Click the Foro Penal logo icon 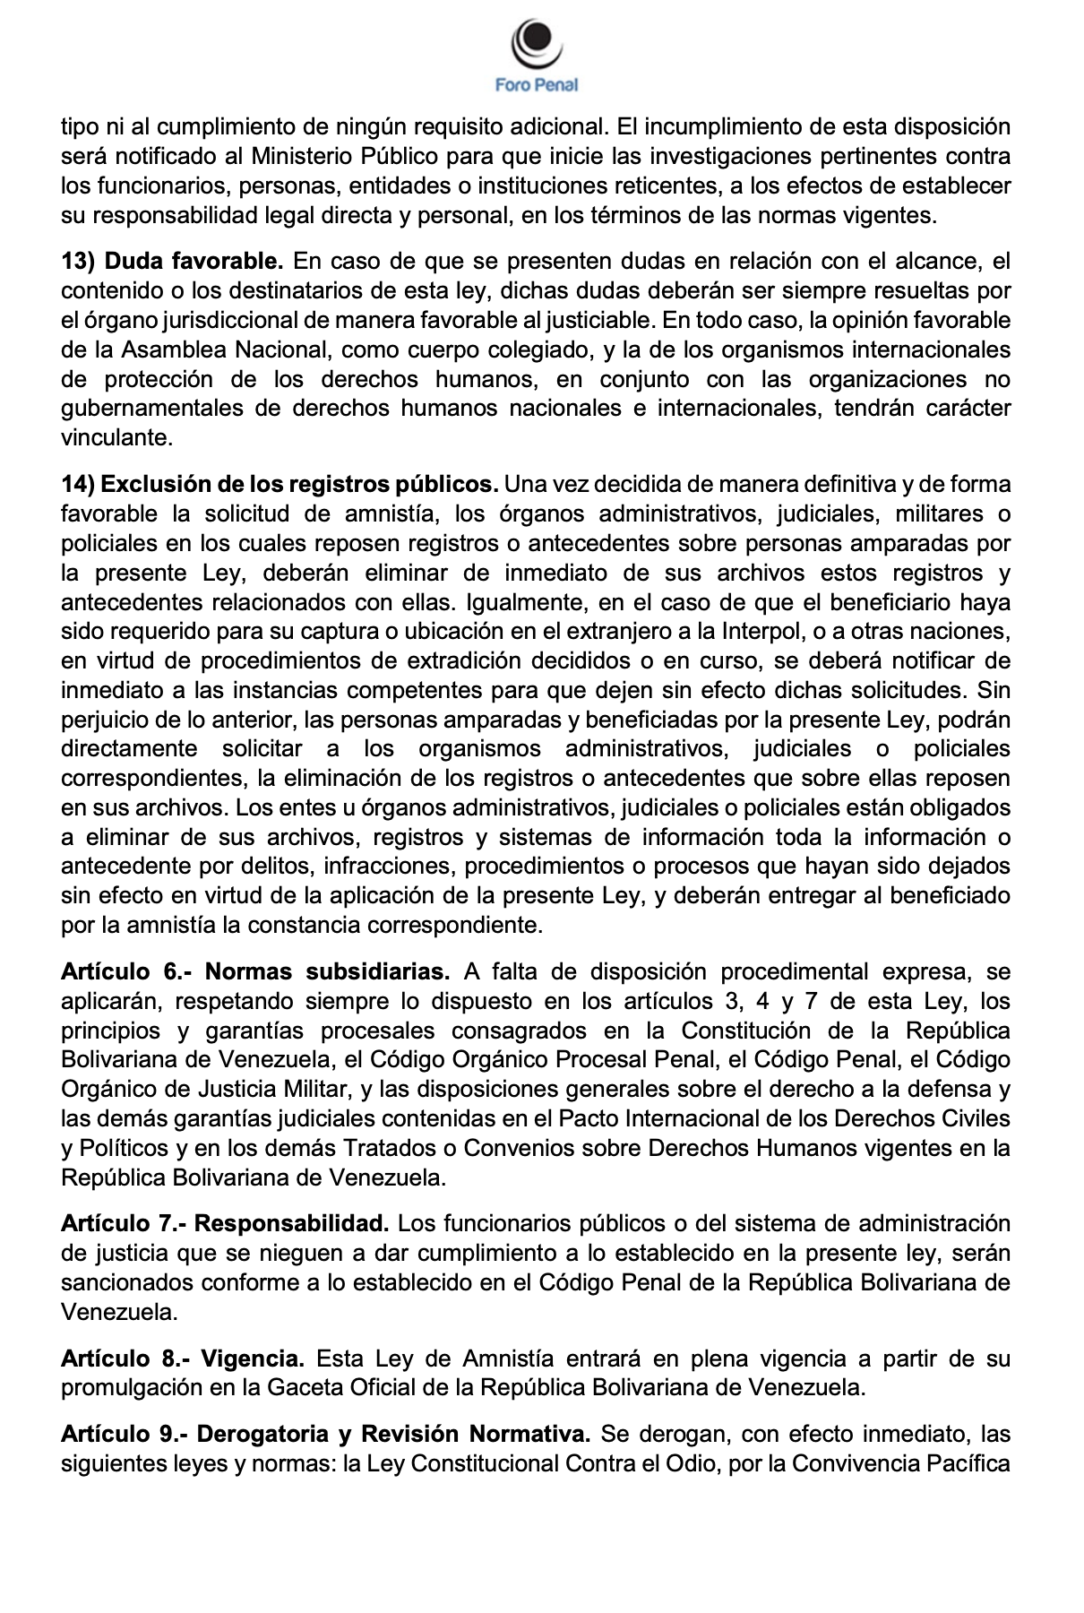coord(536,40)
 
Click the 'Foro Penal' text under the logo coord(536,85)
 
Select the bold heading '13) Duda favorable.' coord(172,262)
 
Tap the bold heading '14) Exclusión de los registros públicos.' coord(280,485)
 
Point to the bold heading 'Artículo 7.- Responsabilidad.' coord(225,1224)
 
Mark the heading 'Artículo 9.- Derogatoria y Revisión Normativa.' coord(325,1435)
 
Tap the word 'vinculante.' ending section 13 coord(115,439)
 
